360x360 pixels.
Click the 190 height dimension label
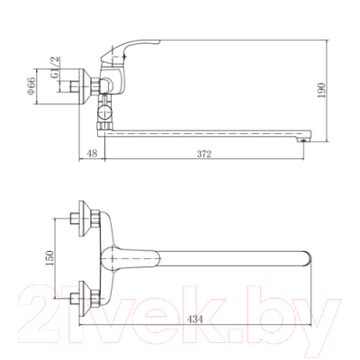point(321,90)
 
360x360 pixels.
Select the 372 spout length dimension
point(204,154)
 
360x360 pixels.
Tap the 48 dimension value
point(93,154)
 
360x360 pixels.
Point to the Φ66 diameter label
point(31,86)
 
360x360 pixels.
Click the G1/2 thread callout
point(55,67)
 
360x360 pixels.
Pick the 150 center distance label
point(49,258)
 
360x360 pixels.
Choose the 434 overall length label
point(195,319)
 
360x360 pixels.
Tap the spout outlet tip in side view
point(303,138)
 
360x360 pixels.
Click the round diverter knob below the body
point(104,113)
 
